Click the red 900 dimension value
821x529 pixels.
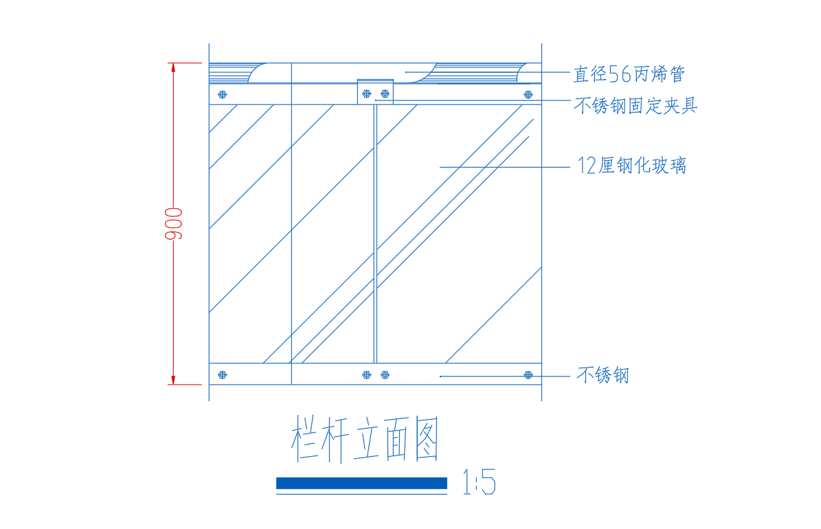(x=174, y=224)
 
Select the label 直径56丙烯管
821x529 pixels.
(x=629, y=74)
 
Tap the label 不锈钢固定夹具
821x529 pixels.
(x=636, y=105)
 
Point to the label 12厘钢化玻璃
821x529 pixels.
(x=631, y=166)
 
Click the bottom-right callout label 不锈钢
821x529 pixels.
(x=603, y=375)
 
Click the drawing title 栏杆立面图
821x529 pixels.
(x=364, y=438)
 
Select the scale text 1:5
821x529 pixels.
(x=479, y=482)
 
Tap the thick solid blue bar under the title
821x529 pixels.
(x=362, y=483)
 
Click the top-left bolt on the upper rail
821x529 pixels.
(x=223, y=95)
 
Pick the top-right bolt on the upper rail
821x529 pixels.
(x=528, y=95)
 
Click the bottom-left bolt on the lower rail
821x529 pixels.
(x=223, y=375)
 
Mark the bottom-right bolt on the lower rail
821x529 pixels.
(x=528, y=375)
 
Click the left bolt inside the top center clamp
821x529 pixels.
(x=366, y=93)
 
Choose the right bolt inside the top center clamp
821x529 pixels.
(x=385, y=93)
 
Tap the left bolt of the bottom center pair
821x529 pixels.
(x=366, y=375)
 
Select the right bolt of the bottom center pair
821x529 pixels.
(x=385, y=375)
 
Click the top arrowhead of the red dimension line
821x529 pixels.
(x=173, y=67)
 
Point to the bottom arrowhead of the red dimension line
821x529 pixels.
(x=173, y=380)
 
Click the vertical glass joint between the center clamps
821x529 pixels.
(x=375, y=234)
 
